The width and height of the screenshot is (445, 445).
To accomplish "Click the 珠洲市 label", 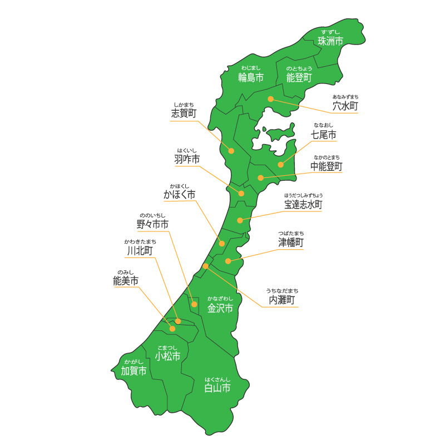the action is click(x=330, y=41).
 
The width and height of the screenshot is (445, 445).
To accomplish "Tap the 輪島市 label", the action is click(x=250, y=77).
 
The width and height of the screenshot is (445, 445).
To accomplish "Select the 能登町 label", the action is click(x=299, y=77).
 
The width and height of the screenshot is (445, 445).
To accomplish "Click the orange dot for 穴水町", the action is click(x=270, y=99).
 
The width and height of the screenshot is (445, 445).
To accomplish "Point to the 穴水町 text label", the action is click(x=345, y=106).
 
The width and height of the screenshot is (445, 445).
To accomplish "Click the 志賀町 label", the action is click(x=184, y=114).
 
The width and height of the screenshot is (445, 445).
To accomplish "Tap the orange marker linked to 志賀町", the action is click(x=231, y=151).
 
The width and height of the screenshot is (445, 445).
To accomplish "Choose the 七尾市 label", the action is click(x=324, y=135).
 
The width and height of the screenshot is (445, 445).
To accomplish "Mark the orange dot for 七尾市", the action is click(x=281, y=165).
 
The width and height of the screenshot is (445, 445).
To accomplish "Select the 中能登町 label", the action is click(x=327, y=166).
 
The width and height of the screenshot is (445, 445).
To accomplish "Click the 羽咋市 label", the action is click(x=187, y=160).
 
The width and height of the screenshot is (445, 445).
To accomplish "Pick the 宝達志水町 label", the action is click(x=303, y=205).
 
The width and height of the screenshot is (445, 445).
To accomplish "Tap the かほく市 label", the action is click(x=179, y=195).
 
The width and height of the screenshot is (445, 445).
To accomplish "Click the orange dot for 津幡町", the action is click(x=228, y=261).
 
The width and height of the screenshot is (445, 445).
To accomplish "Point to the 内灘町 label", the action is click(x=282, y=300).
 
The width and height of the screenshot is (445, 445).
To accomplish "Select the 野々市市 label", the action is click(x=152, y=225).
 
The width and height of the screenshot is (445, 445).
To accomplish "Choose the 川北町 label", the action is click(x=140, y=251).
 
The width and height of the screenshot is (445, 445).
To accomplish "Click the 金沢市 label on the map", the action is click(x=220, y=308).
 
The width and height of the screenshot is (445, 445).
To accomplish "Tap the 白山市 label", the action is click(x=217, y=388).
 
